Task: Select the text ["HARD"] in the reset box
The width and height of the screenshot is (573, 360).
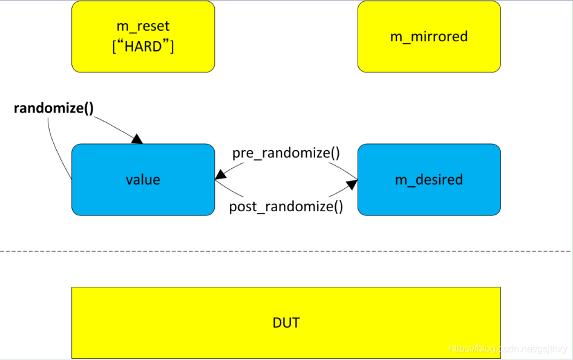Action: point(143,46)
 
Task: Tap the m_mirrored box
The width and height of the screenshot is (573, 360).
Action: point(429,36)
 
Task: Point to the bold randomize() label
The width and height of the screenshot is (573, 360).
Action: point(54,109)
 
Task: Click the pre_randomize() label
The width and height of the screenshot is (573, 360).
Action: point(286,153)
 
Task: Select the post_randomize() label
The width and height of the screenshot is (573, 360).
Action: point(286,207)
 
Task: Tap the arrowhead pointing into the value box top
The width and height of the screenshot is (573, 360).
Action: point(137,139)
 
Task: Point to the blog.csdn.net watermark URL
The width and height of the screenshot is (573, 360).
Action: point(509,349)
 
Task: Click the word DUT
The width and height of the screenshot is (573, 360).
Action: point(286,322)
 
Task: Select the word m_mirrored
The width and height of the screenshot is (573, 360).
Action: point(429,36)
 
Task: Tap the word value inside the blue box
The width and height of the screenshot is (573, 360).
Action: point(143,180)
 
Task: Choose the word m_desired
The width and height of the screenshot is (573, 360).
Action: point(429,180)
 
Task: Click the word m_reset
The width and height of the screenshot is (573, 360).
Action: point(143,27)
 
